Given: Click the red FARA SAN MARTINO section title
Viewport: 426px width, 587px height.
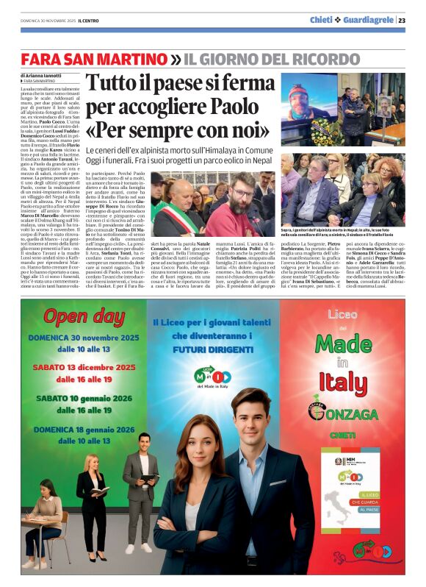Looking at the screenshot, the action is pyautogui.click(x=94, y=58).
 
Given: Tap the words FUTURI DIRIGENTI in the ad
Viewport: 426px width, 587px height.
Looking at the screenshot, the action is pyautogui.click(x=212, y=351).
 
